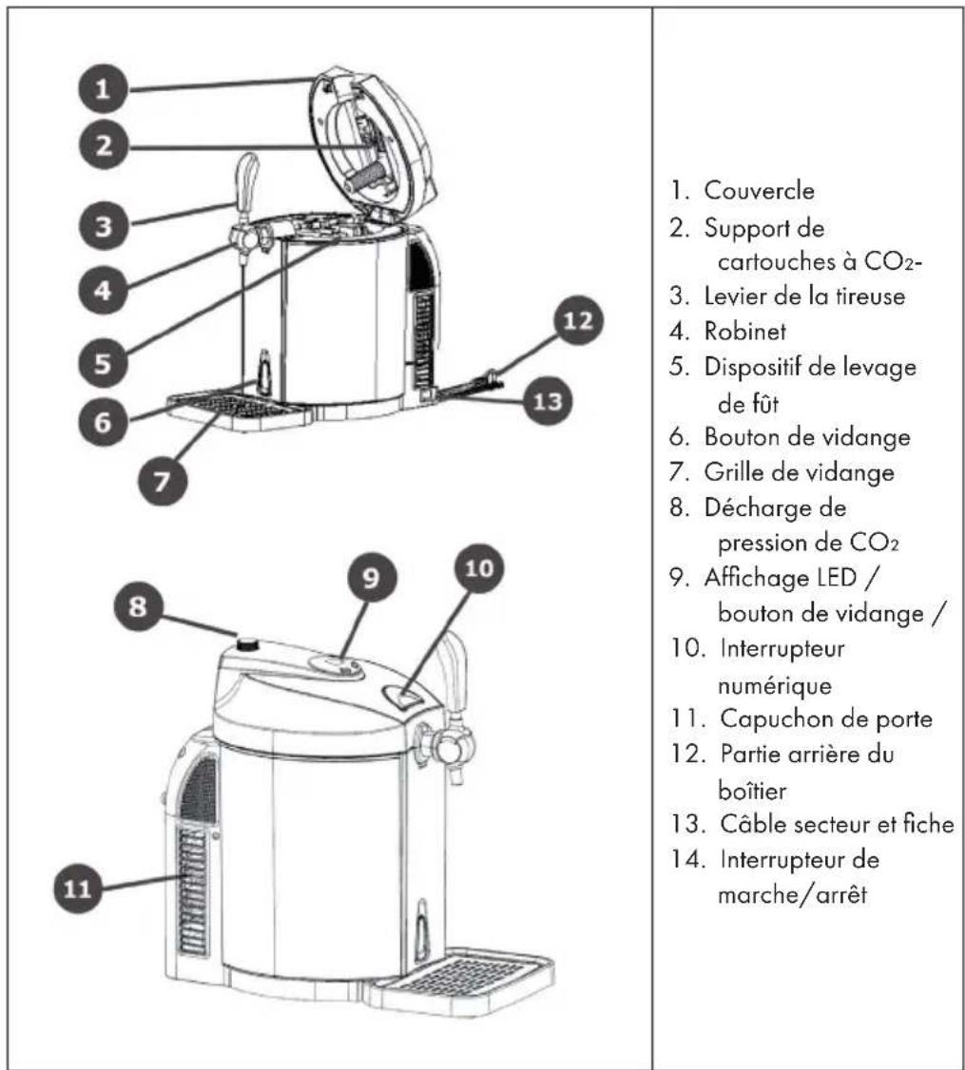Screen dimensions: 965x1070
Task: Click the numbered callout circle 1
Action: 103,88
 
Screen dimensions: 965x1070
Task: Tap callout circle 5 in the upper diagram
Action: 103,362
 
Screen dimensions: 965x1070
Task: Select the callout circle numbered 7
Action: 162,481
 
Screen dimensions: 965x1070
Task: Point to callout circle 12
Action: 578,320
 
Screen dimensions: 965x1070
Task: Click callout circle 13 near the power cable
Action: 548,401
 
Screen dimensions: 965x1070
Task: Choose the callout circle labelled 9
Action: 371,578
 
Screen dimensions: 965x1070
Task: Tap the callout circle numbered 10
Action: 479,568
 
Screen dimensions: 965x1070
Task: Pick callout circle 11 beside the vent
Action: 77,888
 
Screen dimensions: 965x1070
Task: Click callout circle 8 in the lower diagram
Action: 138,605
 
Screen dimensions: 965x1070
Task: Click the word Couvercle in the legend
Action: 759,190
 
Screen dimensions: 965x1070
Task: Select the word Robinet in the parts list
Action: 745,332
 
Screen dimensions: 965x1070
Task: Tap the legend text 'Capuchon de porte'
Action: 825,719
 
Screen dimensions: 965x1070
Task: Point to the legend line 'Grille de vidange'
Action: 799,472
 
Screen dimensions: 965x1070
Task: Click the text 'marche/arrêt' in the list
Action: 792,894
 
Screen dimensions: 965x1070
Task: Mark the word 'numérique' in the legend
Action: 775,685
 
